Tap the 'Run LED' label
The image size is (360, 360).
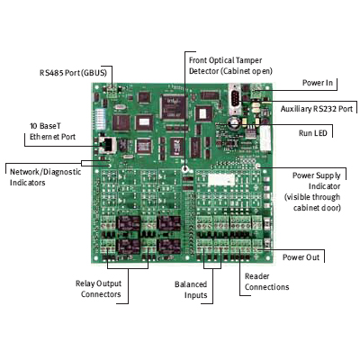[x=317, y=131]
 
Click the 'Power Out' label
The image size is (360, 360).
[x=303, y=256]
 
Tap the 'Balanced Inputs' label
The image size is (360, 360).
[x=191, y=290]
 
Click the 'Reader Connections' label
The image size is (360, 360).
[x=265, y=282]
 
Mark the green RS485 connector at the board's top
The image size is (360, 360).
[x=112, y=91]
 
